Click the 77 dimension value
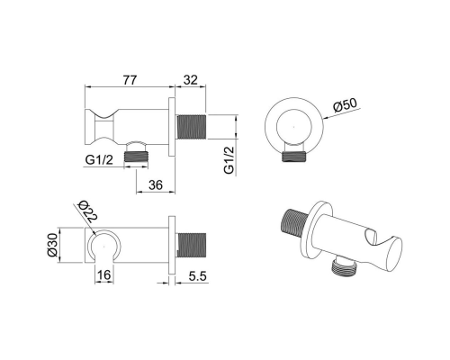tap(130, 80)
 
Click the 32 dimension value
tap(191, 80)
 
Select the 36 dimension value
tap(156, 185)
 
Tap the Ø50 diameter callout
tap(346, 105)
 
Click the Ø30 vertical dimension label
tap(52, 245)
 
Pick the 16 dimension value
tap(104, 274)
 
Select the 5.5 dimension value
tap(198, 276)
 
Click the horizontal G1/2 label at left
tap(99, 160)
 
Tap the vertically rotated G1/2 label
tap(229, 160)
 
